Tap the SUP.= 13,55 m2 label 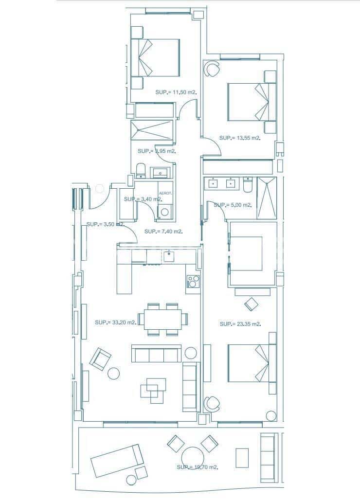(240, 138)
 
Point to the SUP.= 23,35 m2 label (240, 324)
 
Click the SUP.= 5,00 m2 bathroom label (233, 205)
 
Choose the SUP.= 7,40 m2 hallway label (163, 232)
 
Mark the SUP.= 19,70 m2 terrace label (197, 467)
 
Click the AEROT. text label (165, 193)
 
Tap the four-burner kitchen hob (193, 281)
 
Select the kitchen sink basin (169, 256)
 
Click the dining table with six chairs (163, 319)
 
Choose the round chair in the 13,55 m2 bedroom (211, 69)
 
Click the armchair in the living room (101, 359)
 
